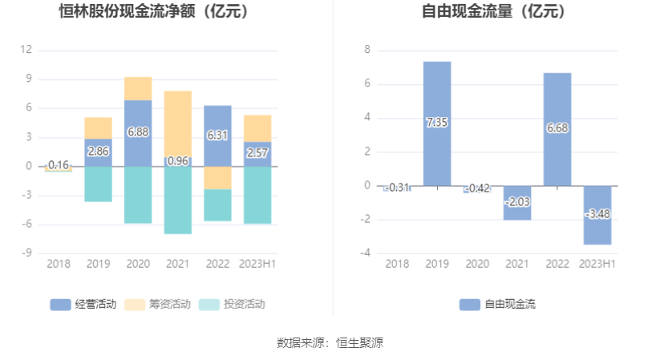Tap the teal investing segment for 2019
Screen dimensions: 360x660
98,184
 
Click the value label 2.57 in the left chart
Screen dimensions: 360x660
257,152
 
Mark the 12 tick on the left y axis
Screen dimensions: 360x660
26,50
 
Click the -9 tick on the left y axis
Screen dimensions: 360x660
26,253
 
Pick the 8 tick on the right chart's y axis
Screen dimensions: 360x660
367,50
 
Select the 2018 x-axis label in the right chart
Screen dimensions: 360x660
397,264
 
